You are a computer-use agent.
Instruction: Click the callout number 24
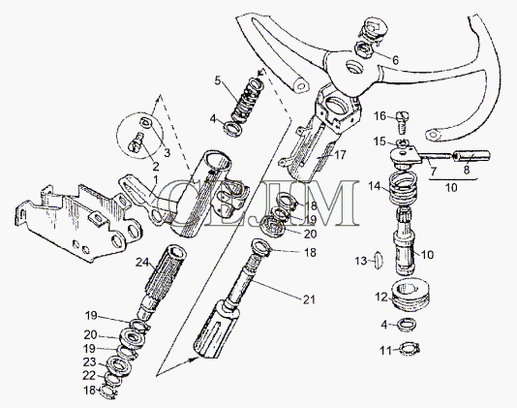pos(142,263)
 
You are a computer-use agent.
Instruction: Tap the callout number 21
pos(309,299)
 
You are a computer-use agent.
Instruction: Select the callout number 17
pos(340,154)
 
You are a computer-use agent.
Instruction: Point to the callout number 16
pos(380,116)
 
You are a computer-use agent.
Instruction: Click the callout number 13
pos(361,261)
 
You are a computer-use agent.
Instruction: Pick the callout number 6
pos(395,60)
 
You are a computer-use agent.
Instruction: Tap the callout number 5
pos(218,80)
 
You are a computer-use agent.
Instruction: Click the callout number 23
pos(89,362)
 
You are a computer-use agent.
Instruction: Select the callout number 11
pos(385,351)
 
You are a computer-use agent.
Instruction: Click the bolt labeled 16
pos(402,122)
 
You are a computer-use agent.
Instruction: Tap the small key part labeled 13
pos(378,261)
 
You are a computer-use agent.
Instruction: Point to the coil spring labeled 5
pos(247,102)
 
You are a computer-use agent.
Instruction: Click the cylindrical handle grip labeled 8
pos(471,156)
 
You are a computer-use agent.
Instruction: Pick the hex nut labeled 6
pos(364,49)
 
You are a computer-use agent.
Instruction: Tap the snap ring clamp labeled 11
pos(410,349)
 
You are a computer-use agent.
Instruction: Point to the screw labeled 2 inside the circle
pos(136,144)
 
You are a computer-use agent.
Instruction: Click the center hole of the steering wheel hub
pos(354,67)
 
